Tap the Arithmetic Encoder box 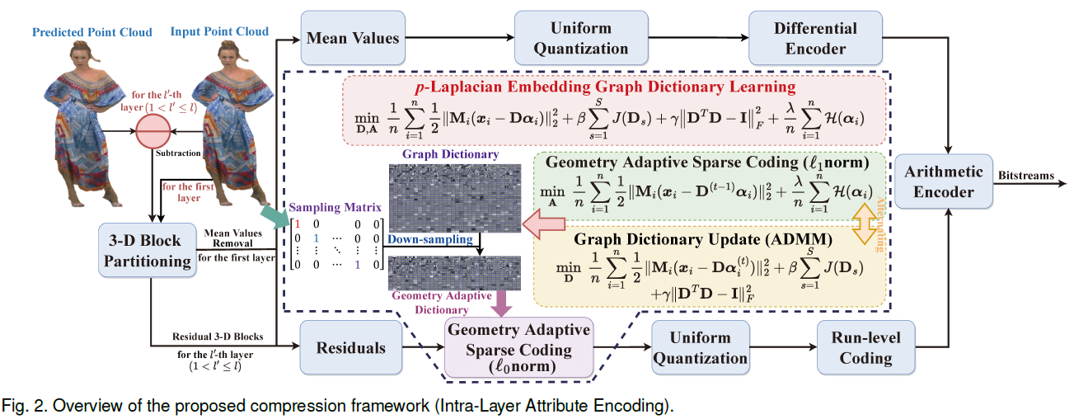(944, 181)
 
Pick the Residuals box (350, 347)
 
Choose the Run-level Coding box (865, 347)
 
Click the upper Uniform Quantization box (580, 38)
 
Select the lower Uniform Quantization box (700, 347)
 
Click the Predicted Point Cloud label (91, 32)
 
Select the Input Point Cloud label (219, 31)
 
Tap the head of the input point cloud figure (227, 54)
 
